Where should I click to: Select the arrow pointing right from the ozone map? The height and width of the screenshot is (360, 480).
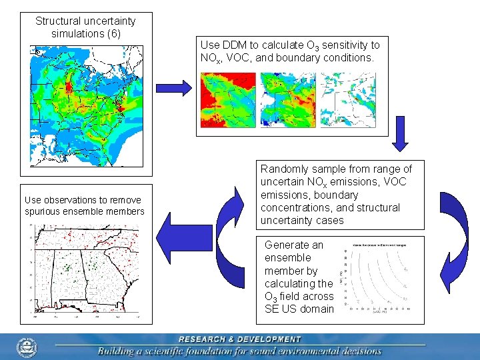click(172, 87)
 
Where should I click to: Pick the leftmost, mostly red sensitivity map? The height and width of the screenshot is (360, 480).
click(228, 99)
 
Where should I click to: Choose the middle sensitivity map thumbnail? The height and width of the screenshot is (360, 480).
click(288, 99)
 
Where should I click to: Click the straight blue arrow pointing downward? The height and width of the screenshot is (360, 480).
click(400, 135)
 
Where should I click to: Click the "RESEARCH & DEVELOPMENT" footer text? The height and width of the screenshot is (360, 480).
click(240, 339)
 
